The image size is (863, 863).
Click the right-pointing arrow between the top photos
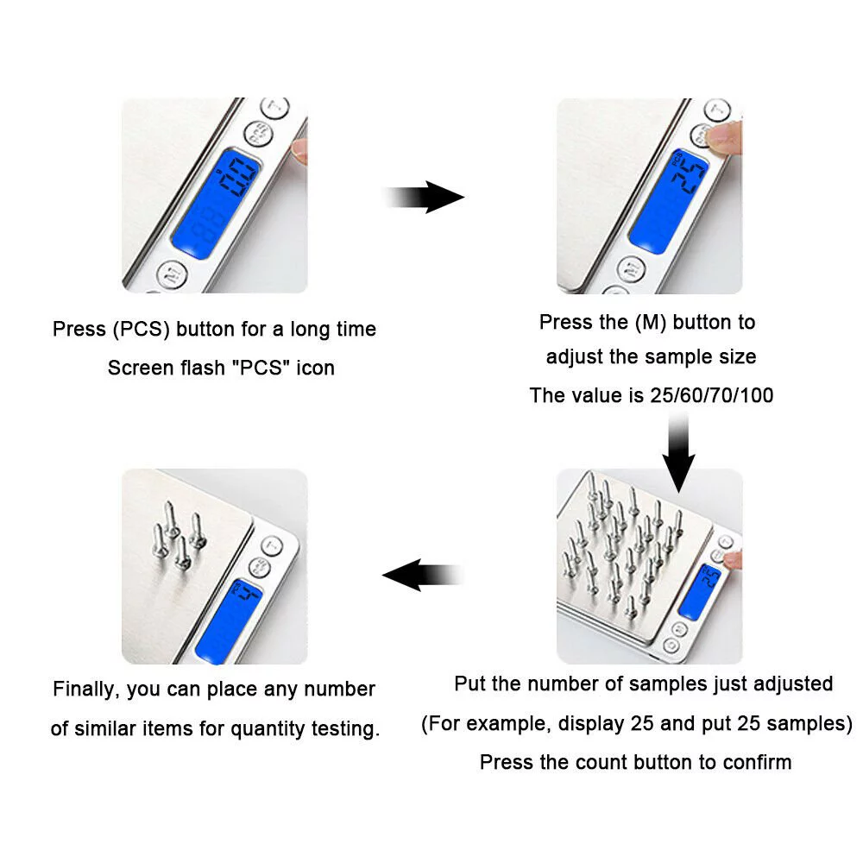424,197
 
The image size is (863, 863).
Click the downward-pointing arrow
678,452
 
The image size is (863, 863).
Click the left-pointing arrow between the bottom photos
423,575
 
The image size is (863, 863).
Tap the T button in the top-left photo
274,107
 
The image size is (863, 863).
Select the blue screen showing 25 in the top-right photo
668,202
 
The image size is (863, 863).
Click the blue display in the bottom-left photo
228,620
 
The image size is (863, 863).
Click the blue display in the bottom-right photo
699,592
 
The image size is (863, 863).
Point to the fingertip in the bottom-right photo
733,560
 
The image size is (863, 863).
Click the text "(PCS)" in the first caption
142,329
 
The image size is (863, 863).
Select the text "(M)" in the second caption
651,323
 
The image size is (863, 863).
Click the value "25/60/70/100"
712,395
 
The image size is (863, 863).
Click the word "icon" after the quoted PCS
315,368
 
